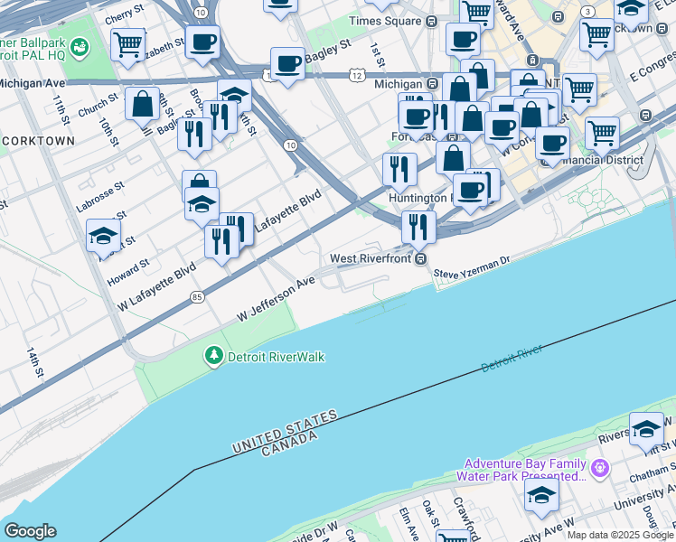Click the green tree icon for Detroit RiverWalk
(x=214, y=357)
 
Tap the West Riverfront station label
(x=371, y=258)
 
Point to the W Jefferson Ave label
(x=276, y=299)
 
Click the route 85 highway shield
(x=197, y=295)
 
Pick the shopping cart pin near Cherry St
(x=128, y=42)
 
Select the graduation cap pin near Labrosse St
(x=104, y=236)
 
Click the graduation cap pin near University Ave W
(x=542, y=495)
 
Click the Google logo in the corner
(x=30, y=531)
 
